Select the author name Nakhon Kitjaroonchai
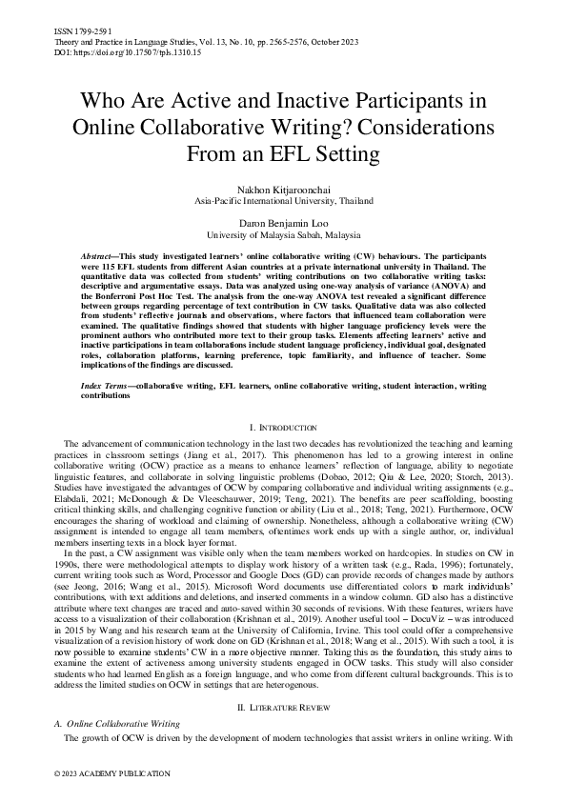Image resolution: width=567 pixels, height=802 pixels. point(283,190)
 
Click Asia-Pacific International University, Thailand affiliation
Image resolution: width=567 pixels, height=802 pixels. point(283,202)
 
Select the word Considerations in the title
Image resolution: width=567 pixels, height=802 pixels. point(414,127)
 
